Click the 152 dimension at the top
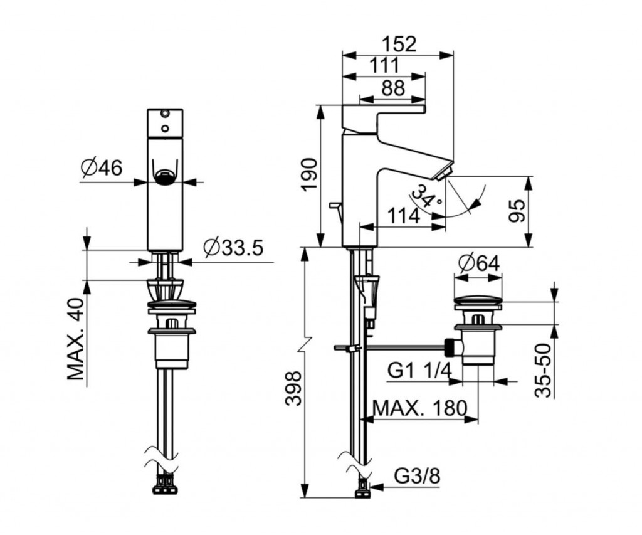399,45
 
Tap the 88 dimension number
393,88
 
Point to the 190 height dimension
310,174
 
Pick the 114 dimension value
404,216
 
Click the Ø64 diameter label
479,263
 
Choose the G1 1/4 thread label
419,371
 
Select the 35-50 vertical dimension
544,371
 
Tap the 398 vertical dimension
293,388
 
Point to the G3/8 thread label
418,476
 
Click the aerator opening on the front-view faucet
165,177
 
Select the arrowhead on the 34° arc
475,204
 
